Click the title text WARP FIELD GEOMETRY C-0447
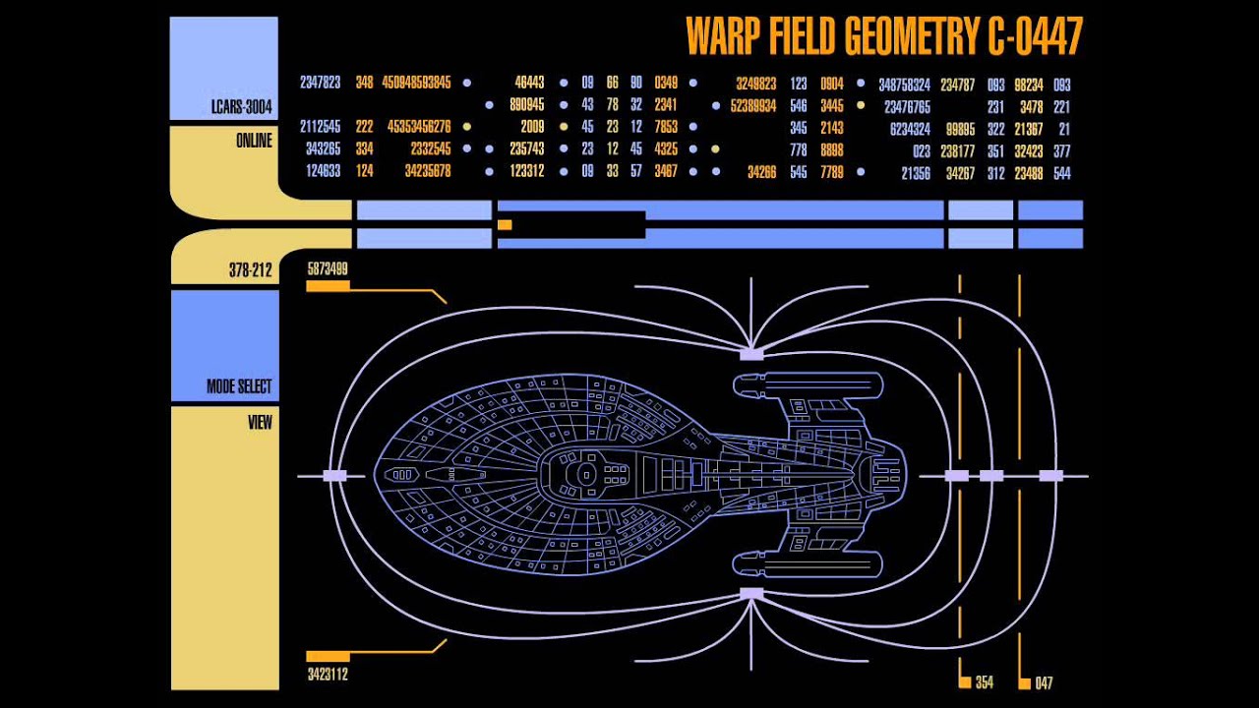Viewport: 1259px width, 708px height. click(883, 36)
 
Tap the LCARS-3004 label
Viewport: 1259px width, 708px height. click(240, 107)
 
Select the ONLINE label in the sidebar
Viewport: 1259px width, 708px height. click(253, 141)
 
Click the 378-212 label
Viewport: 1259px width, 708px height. click(250, 270)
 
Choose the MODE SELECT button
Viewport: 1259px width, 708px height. click(238, 386)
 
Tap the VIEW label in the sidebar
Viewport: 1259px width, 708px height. click(260, 423)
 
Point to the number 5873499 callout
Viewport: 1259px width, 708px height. click(328, 268)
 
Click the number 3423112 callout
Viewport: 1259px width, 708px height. click(328, 675)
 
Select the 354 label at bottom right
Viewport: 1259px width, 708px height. click(984, 682)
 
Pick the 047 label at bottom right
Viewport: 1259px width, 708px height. click(1044, 682)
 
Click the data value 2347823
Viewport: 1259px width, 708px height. click(320, 84)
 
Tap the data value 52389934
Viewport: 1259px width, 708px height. click(753, 106)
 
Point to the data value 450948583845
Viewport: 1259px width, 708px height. click(416, 84)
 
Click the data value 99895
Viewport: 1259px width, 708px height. click(959, 129)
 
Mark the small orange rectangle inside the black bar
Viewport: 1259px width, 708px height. click(505, 225)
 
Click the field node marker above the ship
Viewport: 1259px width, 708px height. click(751, 353)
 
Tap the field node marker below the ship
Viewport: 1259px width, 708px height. click(751, 593)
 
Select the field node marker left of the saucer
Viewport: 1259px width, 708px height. click(334, 476)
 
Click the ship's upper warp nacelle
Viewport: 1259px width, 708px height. click(807, 385)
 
